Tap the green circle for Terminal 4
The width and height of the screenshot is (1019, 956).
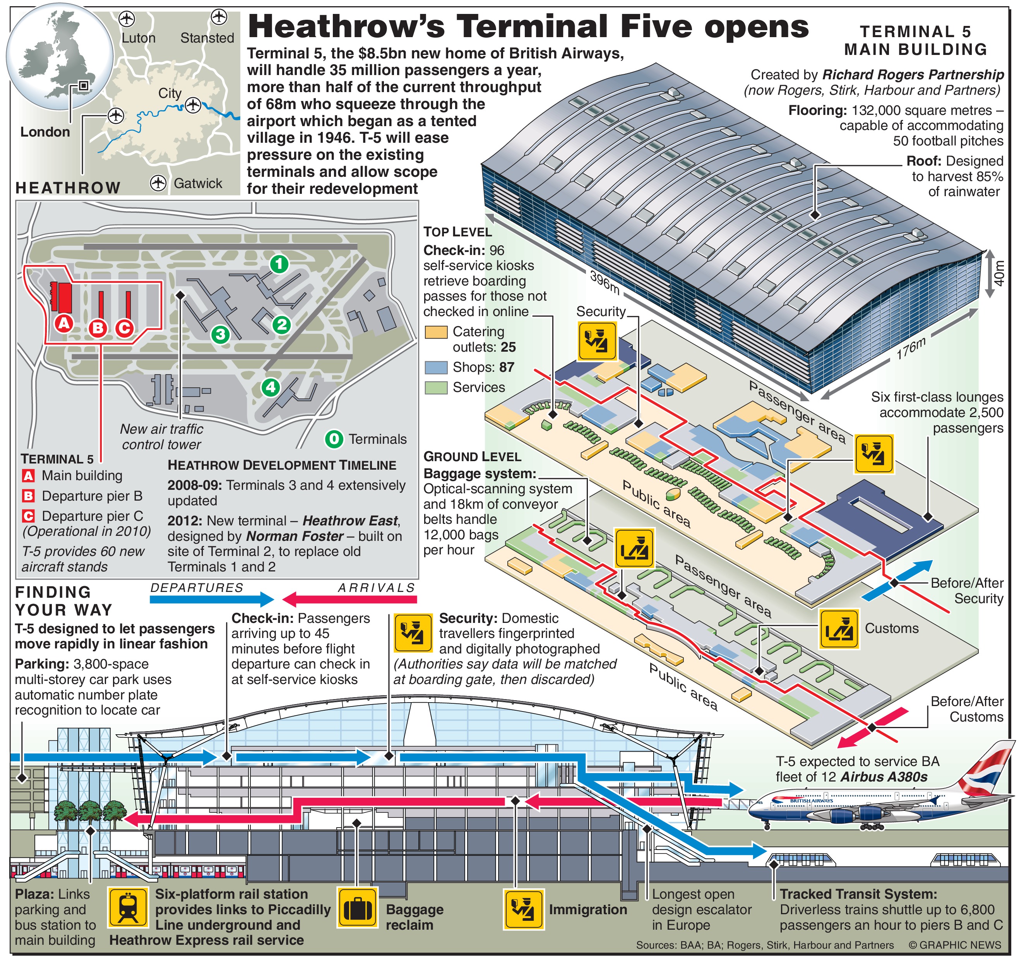coord(271,387)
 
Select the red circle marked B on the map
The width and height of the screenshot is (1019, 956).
coord(98,328)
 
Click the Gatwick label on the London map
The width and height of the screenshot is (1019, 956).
coord(198,183)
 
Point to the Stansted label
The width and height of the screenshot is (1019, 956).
coord(207,38)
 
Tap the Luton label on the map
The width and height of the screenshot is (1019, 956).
coord(139,38)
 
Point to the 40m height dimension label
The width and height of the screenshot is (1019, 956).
coord(998,273)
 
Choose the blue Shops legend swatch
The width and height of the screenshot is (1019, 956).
coord(436,367)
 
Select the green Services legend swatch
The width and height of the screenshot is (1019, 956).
coord(436,387)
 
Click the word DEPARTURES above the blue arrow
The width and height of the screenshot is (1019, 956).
coord(197,588)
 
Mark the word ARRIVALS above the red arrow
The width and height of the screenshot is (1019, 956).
coord(376,588)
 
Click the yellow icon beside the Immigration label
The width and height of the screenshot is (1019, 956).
coord(524,909)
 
